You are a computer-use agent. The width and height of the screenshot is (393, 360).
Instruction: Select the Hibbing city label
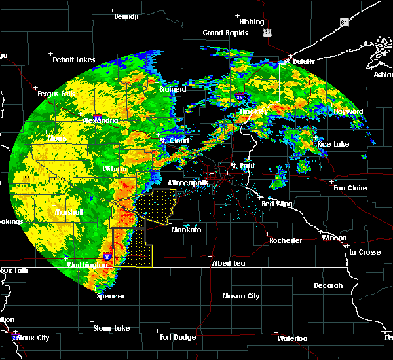[x=252, y=22]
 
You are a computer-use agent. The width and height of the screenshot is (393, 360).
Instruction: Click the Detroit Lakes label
[x=73, y=60]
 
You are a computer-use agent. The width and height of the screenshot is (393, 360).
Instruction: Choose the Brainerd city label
[x=173, y=89]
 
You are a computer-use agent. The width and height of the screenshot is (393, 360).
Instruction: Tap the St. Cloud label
[x=174, y=141]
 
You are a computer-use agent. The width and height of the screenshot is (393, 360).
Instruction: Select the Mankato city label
[x=186, y=230]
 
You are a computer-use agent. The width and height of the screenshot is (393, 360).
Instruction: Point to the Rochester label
[x=286, y=240]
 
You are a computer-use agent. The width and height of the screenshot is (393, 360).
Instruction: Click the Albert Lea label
[x=229, y=262]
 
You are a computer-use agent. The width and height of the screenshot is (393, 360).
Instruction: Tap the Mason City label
[x=241, y=296]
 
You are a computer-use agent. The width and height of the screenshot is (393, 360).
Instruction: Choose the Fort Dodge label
[x=179, y=337]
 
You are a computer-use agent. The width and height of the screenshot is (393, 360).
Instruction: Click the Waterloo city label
[x=291, y=338]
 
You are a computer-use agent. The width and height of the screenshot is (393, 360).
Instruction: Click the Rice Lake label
[x=333, y=144]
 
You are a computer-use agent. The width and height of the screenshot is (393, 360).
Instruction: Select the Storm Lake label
[x=111, y=328]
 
